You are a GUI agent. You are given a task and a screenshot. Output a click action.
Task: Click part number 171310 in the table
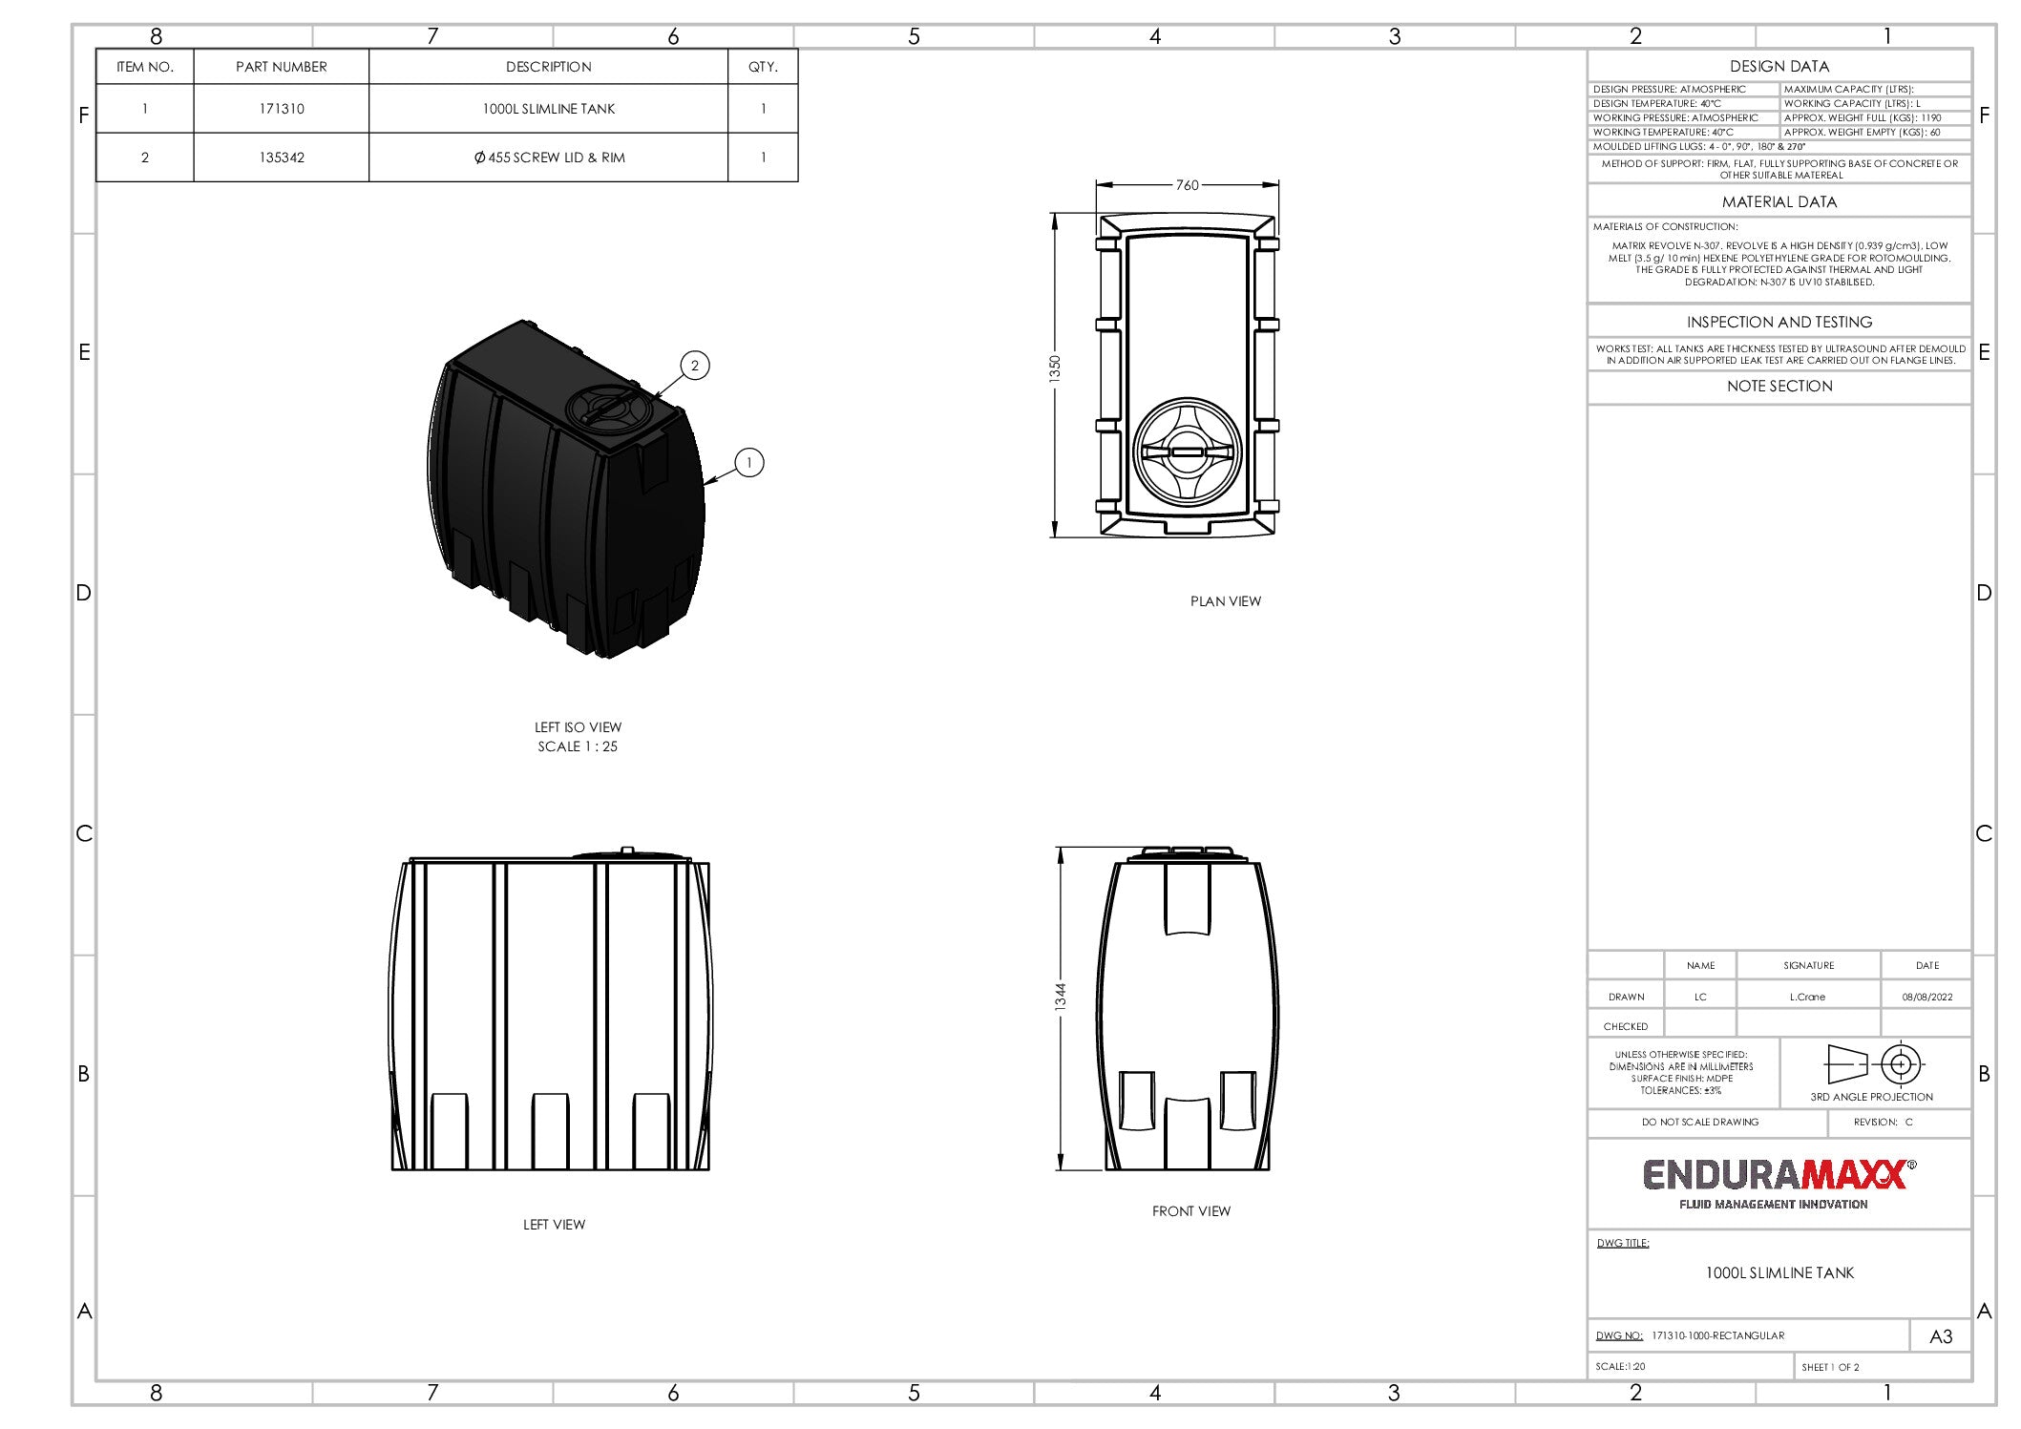click(x=282, y=109)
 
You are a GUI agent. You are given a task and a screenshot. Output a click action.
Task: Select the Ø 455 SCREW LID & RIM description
click(x=549, y=158)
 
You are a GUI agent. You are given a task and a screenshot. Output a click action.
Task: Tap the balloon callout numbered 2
click(x=695, y=366)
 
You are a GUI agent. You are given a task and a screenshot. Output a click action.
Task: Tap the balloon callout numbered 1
click(x=749, y=463)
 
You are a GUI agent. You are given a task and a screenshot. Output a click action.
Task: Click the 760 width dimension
click(x=1187, y=185)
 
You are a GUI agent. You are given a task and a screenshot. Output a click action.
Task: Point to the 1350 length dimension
click(x=1055, y=369)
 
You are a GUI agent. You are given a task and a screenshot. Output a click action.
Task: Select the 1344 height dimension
click(x=1061, y=997)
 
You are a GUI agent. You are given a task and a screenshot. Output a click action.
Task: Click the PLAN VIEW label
click(x=1225, y=601)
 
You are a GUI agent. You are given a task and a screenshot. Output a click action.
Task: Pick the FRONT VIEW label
click(x=1190, y=1211)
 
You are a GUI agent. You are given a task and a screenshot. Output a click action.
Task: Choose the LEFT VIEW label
click(x=554, y=1225)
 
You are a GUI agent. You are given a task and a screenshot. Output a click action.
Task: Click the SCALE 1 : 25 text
click(x=578, y=746)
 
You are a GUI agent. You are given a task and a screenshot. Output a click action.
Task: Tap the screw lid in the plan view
click(x=1188, y=452)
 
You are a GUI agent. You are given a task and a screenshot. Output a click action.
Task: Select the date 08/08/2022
click(x=1926, y=997)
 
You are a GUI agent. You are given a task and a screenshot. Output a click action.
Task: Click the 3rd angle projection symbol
click(x=1873, y=1064)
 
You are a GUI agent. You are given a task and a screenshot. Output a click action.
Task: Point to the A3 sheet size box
click(x=1941, y=1336)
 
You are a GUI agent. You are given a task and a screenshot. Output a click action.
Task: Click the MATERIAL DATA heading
click(x=1779, y=202)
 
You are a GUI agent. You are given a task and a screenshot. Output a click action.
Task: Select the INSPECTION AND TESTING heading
click(x=1779, y=323)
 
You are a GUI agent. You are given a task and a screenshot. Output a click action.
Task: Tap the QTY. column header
click(x=763, y=67)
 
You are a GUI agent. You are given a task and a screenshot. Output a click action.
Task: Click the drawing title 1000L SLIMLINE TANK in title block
click(x=1779, y=1273)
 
